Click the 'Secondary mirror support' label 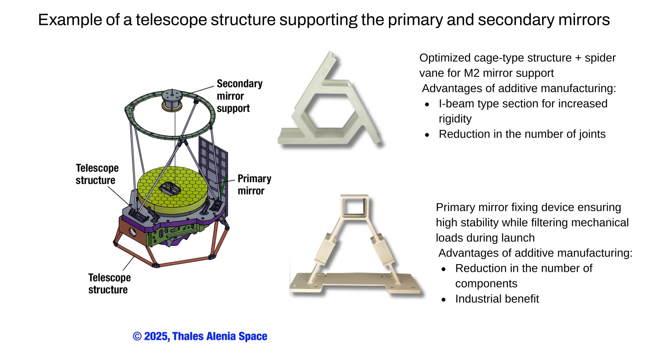point(239,96)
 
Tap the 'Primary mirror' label point(254,184)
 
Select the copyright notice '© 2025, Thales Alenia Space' point(200,336)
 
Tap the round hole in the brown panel point(132,232)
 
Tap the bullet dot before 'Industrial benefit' point(443,299)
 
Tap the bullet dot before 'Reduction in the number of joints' point(427,135)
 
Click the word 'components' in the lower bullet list point(486,284)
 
